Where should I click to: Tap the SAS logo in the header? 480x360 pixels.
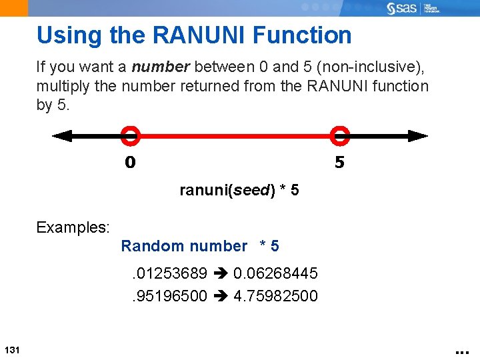point(405,9)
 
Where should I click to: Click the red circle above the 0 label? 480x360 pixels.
point(130,135)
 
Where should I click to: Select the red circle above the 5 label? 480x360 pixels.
point(340,135)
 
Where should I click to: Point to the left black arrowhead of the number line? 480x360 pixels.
point(62,136)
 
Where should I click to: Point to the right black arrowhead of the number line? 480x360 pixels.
point(418,136)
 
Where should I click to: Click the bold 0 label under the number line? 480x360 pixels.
point(130,162)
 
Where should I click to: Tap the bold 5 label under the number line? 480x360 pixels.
point(339,162)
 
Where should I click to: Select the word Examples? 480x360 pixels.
point(73,227)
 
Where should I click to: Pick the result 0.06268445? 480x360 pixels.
point(275,273)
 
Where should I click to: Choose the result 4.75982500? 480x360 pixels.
point(275,295)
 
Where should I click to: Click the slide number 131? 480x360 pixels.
point(11,351)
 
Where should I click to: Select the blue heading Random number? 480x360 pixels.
point(184,246)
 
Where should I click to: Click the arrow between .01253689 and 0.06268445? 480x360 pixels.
point(221,273)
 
